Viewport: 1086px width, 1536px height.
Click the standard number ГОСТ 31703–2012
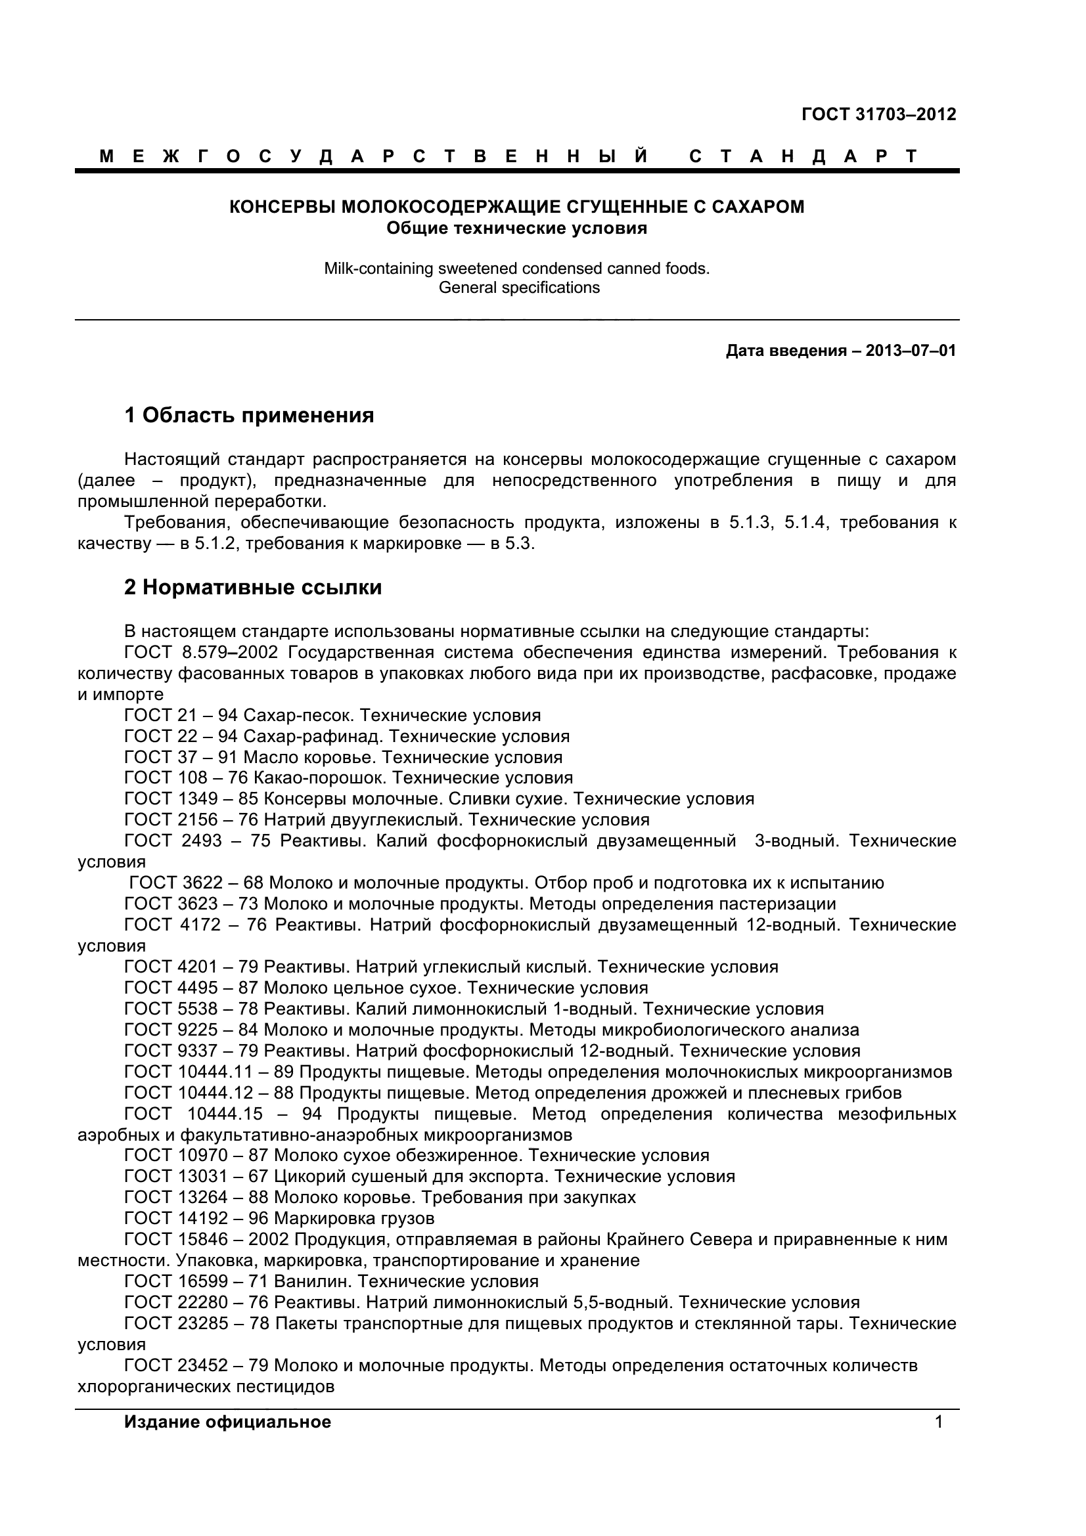[878, 114]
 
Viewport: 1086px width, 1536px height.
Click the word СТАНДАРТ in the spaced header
[802, 156]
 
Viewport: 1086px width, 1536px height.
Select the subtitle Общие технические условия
[516, 228]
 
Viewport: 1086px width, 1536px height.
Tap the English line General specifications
[518, 288]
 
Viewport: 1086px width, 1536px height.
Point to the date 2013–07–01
[911, 351]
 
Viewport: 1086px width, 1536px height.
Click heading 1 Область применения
[249, 416]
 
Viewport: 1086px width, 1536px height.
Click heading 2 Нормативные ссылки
[253, 587]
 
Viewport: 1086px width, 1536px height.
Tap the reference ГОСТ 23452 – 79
[196, 1365]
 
